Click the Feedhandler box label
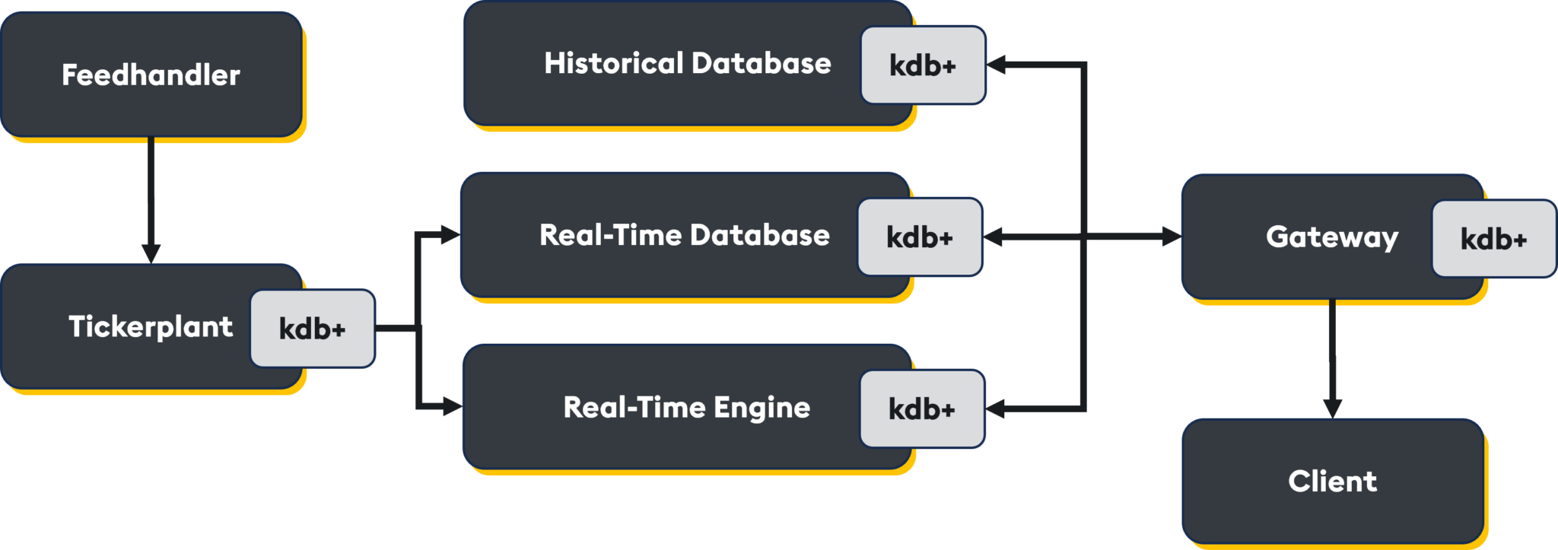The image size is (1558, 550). pyautogui.click(x=151, y=75)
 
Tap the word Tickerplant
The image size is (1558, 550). pyautogui.click(x=151, y=327)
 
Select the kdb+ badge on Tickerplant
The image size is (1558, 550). pyautogui.click(x=313, y=329)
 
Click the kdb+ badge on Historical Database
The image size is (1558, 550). pyautogui.click(x=923, y=65)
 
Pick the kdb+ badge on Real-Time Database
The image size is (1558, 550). pyautogui.click(x=920, y=237)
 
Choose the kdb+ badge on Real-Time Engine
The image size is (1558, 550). pyautogui.click(x=922, y=409)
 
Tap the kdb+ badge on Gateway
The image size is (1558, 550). pyautogui.click(x=1493, y=239)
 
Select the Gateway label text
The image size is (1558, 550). pyautogui.click(x=1332, y=237)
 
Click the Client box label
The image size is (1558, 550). pyautogui.click(x=1332, y=481)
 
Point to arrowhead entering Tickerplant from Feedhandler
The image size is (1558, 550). pyautogui.click(x=151, y=253)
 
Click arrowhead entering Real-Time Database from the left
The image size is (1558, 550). pyautogui.click(x=451, y=235)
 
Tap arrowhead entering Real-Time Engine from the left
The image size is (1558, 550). pyautogui.click(x=453, y=407)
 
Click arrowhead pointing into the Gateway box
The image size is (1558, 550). pyautogui.click(x=1171, y=237)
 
